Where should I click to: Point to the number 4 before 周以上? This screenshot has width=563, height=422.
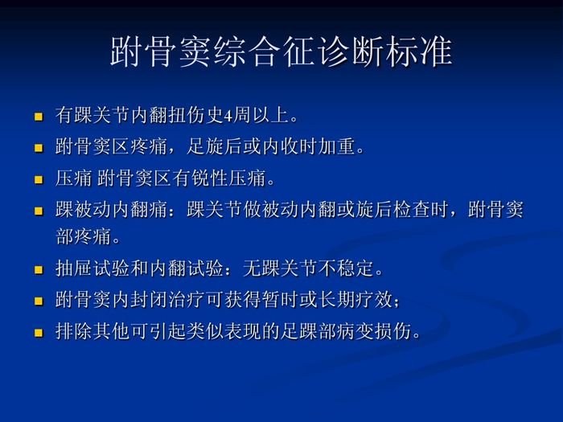228,116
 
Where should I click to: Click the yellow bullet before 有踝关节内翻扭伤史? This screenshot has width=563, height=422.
38,117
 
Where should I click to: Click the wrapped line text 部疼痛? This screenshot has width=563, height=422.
83,237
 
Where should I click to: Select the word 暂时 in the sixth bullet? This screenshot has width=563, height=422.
308,300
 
